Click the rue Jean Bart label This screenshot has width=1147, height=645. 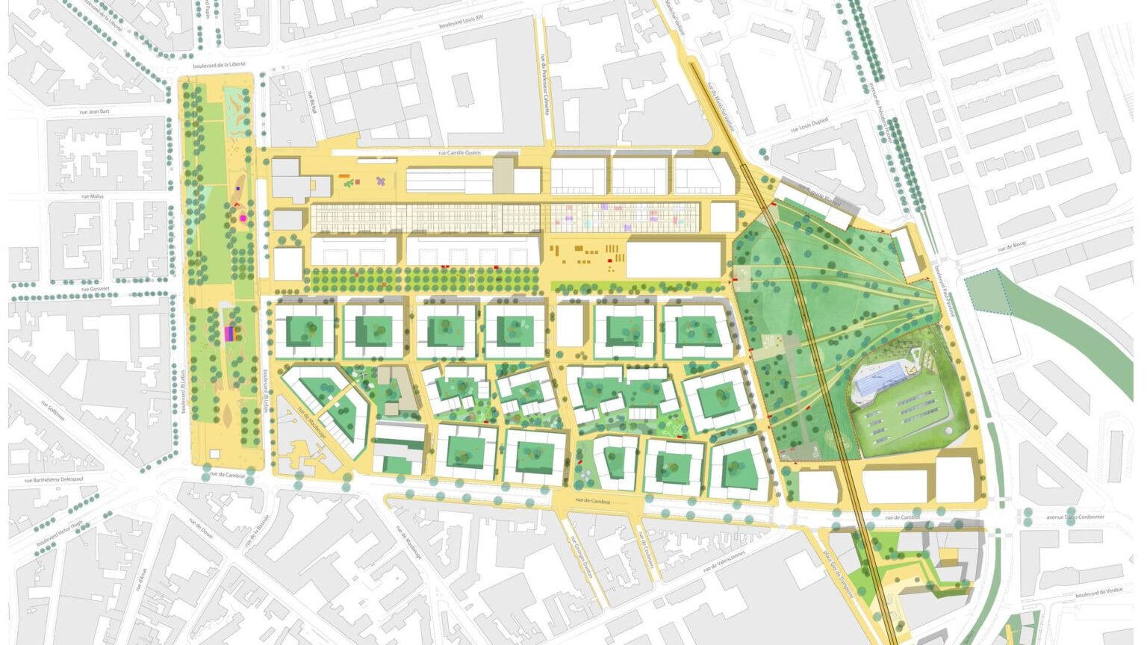[x=95, y=112]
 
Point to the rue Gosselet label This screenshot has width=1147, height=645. [x=96, y=289]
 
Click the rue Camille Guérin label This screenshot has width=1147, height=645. [x=459, y=152]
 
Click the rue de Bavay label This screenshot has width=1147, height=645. [x=1013, y=246]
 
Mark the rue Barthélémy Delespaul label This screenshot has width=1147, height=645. [x=62, y=480]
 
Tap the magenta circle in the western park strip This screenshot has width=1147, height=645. [x=243, y=219]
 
